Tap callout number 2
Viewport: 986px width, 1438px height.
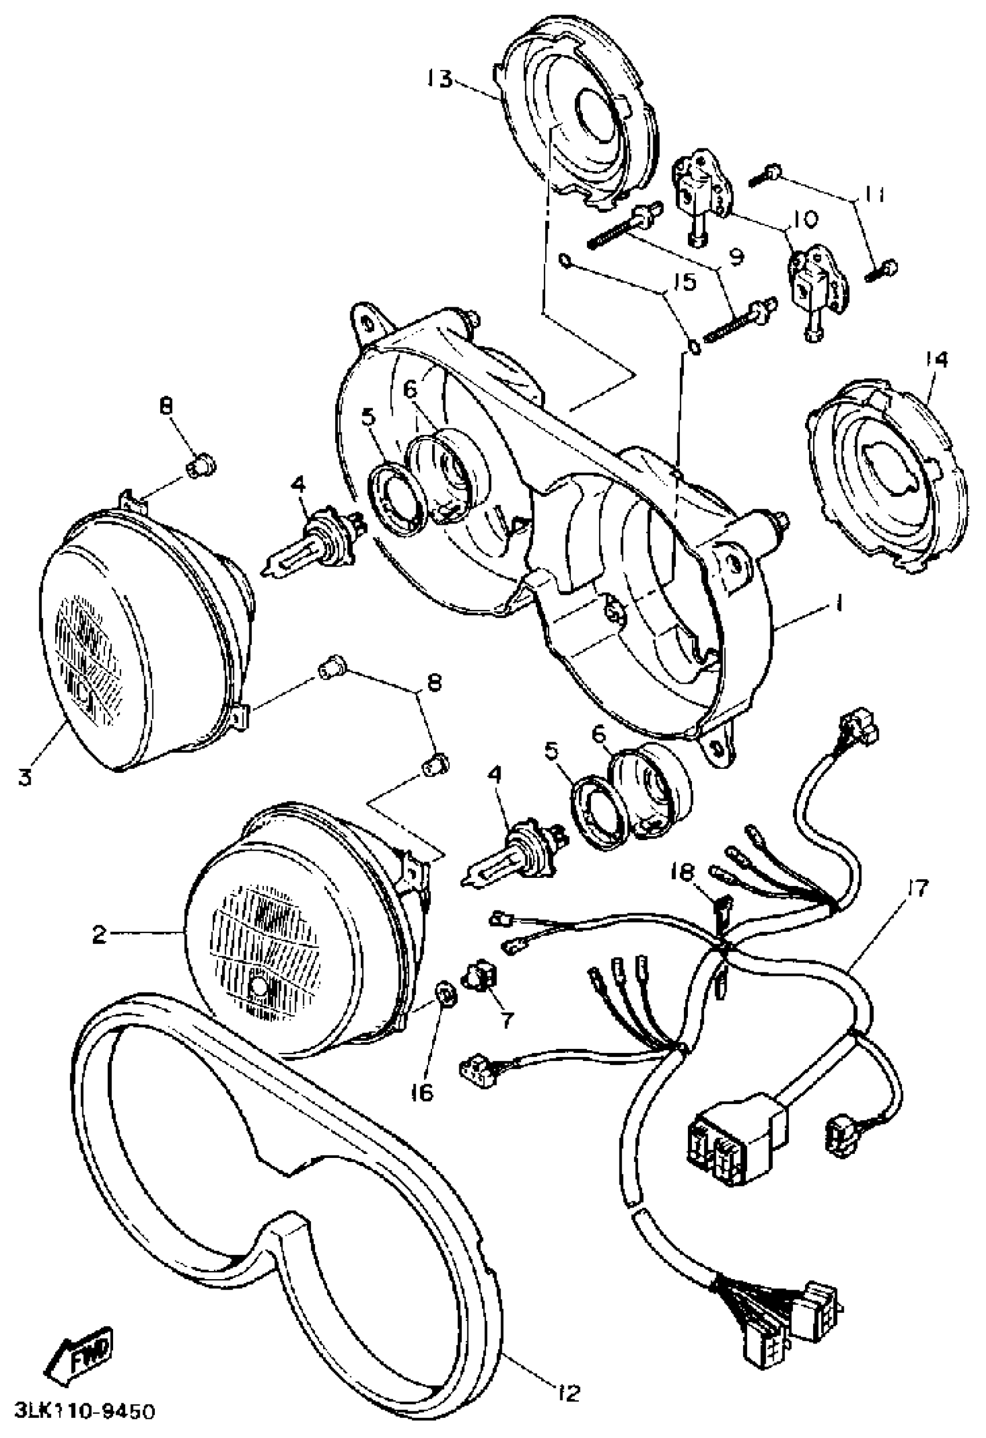(x=100, y=934)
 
